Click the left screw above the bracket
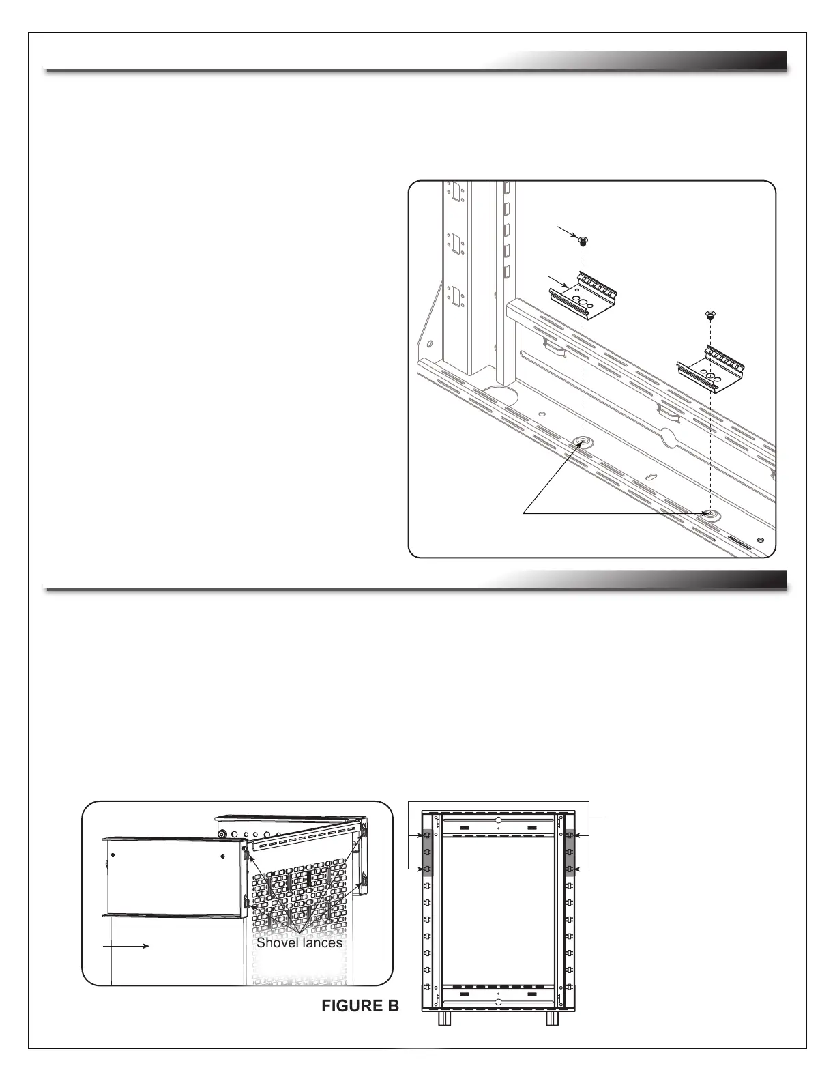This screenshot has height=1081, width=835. pos(584,240)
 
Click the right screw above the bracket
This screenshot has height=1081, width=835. pos(711,315)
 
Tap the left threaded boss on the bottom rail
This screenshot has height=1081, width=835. pos(583,442)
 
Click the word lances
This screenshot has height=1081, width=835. pos(320,942)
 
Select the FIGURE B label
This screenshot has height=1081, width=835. pos(360,1005)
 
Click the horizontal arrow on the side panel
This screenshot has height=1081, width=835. pos(126,946)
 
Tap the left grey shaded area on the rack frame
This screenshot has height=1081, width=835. pos(428,852)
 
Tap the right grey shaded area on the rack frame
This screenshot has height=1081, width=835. pos(569,852)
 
